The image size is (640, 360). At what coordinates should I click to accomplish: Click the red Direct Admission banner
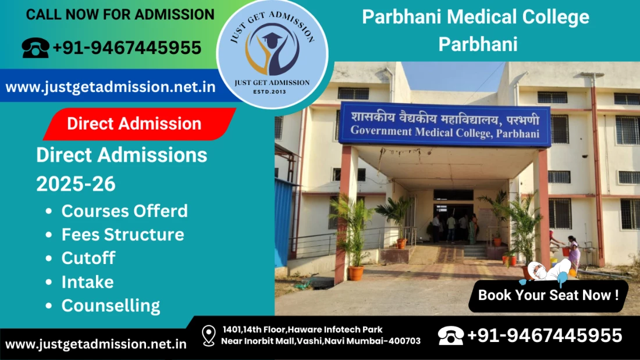[x=140, y=124]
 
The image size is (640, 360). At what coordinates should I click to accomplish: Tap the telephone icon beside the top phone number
[x=35, y=48]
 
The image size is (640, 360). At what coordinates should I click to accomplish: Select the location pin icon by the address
[x=208, y=336]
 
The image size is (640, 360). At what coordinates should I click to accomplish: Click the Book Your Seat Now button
[x=548, y=295]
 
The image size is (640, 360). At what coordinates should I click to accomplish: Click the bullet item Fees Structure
[x=123, y=235]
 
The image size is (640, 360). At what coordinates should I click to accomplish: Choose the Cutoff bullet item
[x=88, y=258]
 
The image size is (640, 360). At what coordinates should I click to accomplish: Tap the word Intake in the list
[x=88, y=282]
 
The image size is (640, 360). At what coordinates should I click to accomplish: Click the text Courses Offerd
[x=125, y=211]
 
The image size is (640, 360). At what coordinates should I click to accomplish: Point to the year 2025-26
[x=76, y=184]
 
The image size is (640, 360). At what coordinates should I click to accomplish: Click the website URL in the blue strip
[x=111, y=87]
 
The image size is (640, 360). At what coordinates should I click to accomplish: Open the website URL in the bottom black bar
[x=96, y=344]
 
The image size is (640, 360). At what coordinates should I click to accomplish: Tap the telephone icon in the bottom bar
[x=450, y=336]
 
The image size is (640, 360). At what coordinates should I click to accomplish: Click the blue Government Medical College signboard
[x=445, y=124]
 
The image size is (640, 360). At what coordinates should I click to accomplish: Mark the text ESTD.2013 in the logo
[x=269, y=92]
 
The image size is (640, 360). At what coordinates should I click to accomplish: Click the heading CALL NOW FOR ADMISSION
[x=120, y=15]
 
